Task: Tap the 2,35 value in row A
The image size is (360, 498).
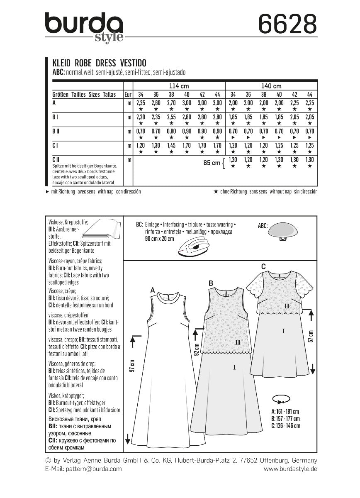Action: point(141,103)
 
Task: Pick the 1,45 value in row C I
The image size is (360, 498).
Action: point(170,146)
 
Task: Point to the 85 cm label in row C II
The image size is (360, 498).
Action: point(212,163)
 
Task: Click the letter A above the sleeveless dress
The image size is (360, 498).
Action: point(152,290)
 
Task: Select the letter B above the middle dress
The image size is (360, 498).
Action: point(211,283)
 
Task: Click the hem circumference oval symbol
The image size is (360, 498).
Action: point(280,400)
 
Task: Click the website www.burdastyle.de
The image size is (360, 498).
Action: point(290,469)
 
